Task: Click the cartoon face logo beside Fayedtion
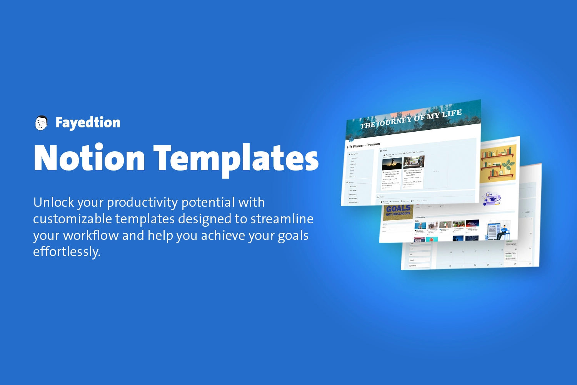41,123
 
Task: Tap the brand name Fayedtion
88,122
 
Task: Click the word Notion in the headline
89,158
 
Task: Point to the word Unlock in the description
53,202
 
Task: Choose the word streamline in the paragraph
282,219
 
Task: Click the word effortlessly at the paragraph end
67,252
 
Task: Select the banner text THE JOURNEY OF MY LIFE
411,119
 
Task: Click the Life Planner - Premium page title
364,146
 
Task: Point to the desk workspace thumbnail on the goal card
414,162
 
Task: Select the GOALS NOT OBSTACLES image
398,211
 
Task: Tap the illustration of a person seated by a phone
499,230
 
